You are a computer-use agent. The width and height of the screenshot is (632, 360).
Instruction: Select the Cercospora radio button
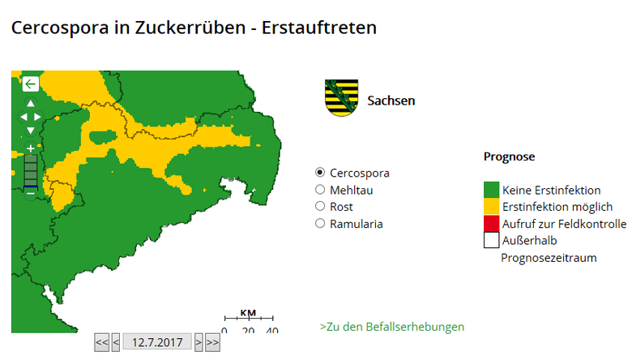tap(320, 173)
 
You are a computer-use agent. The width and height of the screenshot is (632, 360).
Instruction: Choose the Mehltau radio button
tap(320, 190)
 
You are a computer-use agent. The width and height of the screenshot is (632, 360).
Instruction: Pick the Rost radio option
tap(320, 207)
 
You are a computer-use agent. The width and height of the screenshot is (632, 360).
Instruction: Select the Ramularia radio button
tap(320, 224)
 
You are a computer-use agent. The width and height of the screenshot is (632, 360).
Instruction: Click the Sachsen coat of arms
tap(339, 98)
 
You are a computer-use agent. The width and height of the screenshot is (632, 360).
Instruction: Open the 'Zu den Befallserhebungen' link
tap(392, 327)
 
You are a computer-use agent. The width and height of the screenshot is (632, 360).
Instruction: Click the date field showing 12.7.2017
tap(157, 343)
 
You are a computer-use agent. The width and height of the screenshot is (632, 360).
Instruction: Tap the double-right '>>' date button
tap(212, 343)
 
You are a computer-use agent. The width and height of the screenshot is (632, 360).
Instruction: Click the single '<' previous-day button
tap(116, 343)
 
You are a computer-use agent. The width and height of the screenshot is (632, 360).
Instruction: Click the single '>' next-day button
tap(199, 343)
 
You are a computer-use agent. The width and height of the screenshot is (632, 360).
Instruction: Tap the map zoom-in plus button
tap(31, 148)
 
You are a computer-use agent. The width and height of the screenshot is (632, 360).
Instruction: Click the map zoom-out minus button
tap(31, 192)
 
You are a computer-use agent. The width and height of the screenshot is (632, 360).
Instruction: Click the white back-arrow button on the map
tap(30, 84)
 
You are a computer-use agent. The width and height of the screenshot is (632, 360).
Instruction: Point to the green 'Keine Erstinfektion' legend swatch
tap(491, 190)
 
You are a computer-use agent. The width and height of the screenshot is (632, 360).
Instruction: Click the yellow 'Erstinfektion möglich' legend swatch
tap(491, 207)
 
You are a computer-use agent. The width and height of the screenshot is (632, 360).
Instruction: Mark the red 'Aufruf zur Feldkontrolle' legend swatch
tap(491, 223)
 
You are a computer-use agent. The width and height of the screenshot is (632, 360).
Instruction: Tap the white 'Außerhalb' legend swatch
tap(491, 240)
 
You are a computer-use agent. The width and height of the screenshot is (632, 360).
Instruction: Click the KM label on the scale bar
tap(248, 314)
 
